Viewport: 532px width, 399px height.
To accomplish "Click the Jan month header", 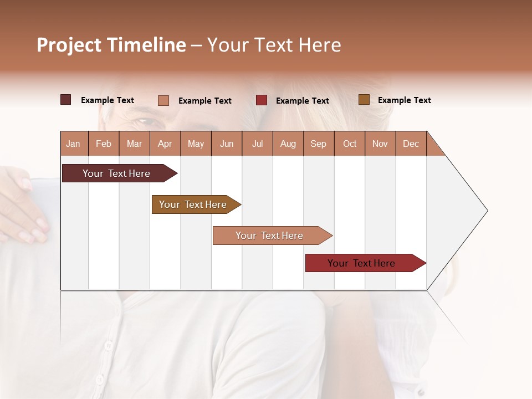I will [x=73, y=144].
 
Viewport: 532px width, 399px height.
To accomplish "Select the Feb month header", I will [x=104, y=144].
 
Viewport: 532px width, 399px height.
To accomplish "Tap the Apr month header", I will [x=165, y=144].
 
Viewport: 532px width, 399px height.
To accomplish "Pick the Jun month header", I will [x=227, y=144].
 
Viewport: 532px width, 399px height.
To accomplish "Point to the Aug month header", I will [x=288, y=144].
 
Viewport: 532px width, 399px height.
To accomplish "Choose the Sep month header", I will [x=318, y=144].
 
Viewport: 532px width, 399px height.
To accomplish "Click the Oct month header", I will [x=350, y=144].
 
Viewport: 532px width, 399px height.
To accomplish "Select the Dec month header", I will [x=411, y=144].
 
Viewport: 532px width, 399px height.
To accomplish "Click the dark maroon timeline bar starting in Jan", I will [x=117, y=173].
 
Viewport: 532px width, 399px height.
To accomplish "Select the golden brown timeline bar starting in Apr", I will [x=193, y=204].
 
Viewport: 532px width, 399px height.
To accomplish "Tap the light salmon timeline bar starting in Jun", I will [x=270, y=236].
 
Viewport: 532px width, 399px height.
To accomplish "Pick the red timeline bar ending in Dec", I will [x=362, y=263].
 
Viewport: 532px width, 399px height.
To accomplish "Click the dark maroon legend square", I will [x=66, y=100].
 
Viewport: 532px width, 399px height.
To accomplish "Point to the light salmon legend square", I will [x=163, y=100].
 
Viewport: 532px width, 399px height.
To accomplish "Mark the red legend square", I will [x=262, y=100].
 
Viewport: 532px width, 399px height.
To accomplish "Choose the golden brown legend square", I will [x=364, y=100].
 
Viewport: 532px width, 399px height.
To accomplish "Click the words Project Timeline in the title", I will [x=111, y=45].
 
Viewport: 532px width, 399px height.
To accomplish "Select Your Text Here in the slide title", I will [x=274, y=45].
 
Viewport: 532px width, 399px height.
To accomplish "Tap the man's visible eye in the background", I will [x=145, y=120].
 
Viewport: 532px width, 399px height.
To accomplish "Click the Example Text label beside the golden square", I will [x=404, y=100].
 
